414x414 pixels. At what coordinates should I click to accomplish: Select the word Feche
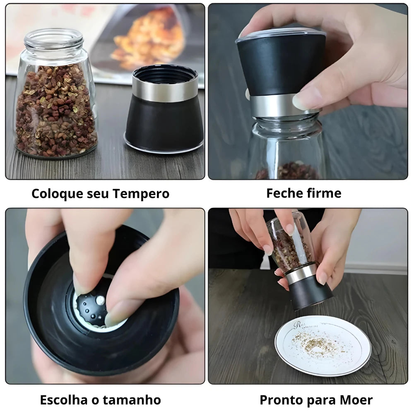click(x=285, y=193)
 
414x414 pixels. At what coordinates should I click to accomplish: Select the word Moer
click(x=356, y=400)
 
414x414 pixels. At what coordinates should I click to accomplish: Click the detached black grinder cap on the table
click(x=164, y=120)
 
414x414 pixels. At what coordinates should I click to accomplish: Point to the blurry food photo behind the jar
click(x=149, y=39)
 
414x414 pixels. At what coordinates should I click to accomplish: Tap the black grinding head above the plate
click(x=310, y=292)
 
